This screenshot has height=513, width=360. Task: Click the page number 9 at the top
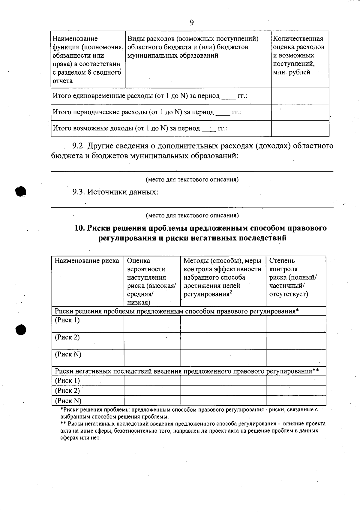192,23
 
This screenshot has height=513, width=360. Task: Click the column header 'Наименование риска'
87,261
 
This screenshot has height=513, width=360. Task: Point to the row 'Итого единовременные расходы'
150,96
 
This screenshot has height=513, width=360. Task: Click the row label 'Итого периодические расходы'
147,112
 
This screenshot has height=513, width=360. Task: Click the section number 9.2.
79,146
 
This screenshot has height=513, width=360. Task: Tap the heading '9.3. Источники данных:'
115,192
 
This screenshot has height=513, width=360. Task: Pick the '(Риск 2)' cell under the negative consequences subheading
67,391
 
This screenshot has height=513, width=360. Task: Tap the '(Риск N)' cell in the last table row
68,401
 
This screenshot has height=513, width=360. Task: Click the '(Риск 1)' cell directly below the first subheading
67,320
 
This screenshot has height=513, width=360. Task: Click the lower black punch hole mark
21,329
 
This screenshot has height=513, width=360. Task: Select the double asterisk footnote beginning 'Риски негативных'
192,430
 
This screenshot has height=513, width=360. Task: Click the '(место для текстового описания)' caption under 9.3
192,215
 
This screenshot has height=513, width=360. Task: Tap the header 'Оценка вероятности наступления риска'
151,281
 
